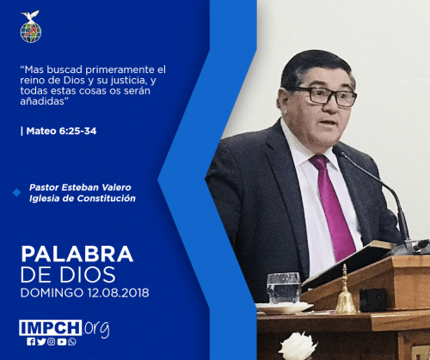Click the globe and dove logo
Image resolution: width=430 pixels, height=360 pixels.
(31, 27)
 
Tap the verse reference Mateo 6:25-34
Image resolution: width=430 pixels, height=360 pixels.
(61, 131)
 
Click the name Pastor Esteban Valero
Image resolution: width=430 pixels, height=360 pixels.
(80, 187)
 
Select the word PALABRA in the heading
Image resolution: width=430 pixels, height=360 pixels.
(77, 253)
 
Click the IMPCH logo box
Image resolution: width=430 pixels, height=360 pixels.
(51, 327)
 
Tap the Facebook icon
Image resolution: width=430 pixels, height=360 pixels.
(31, 342)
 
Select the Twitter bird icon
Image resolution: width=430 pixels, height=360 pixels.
(41, 342)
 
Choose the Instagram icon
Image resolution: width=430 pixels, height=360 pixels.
(52, 342)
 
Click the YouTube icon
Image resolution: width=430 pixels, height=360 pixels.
(62, 342)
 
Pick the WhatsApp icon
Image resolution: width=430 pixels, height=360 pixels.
(72, 342)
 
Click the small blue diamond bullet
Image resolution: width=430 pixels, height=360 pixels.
(16, 192)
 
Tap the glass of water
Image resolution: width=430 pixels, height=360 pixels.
(284, 288)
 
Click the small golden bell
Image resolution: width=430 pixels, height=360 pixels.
(345, 292)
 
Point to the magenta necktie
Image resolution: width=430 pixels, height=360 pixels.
(334, 207)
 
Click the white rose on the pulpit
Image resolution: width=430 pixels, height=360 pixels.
(298, 346)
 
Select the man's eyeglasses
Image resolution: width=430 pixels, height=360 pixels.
(325, 95)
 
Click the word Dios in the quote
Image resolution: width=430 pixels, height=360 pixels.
(74, 80)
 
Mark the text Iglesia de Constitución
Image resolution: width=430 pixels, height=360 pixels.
(83, 198)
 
